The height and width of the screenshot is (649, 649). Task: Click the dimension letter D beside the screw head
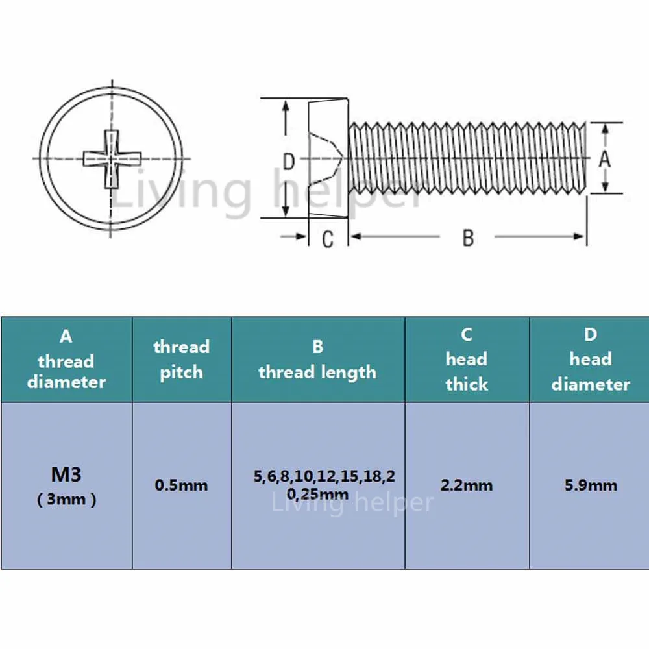coord(289,162)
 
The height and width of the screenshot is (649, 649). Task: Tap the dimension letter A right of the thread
coord(605,158)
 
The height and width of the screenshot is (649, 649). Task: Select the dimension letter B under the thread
coord(468,238)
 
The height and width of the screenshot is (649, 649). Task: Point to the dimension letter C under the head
coord(327,239)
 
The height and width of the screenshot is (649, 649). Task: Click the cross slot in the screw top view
coord(112,159)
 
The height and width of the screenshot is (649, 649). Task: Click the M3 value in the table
coord(66,474)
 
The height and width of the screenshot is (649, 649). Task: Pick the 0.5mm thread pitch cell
coord(181,485)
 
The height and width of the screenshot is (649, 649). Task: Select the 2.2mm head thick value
coord(467,485)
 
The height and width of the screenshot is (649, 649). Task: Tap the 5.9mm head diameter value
coord(591,485)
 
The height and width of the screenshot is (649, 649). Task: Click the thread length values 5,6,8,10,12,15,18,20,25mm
coord(324,485)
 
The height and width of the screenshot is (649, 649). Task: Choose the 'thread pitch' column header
coord(181,360)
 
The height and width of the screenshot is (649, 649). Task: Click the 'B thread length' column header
coord(317,360)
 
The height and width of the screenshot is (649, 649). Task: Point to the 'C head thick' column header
coord(467,360)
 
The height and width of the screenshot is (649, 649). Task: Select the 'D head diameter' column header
coord(591,360)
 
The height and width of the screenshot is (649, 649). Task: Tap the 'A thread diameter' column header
coord(66,360)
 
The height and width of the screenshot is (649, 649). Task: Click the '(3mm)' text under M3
coord(67,500)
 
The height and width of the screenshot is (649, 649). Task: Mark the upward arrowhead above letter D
coord(286,107)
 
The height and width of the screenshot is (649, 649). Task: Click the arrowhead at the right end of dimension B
coord(579,236)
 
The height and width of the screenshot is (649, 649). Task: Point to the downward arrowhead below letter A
coord(605,186)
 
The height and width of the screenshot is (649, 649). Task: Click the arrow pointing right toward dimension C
coord(293,236)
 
